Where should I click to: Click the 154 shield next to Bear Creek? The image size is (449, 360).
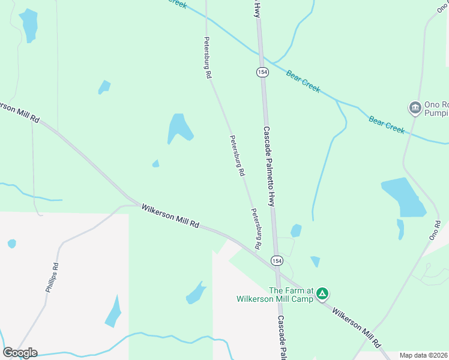click(x=262, y=72)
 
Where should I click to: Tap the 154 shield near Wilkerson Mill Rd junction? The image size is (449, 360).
click(x=276, y=260)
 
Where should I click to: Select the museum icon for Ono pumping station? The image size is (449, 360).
click(x=415, y=108)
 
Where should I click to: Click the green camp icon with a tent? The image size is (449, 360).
click(x=322, y=293)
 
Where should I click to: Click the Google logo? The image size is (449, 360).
click(x=20, y=353)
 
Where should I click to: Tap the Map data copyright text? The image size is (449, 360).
click(x=423, y=355)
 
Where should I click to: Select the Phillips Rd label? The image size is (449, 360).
click(x=52, y=277)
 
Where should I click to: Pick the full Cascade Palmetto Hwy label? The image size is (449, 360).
click(x=268, y=167)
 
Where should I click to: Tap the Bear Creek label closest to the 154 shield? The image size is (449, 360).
click(x=303, y=82)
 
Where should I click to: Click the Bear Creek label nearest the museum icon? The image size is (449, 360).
click(x=387, y=124)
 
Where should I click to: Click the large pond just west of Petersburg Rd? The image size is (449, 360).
click(x=179, y=127)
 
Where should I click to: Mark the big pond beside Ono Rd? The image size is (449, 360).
click(x=403, y=197)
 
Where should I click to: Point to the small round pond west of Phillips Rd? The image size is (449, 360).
click(x=12, y=244)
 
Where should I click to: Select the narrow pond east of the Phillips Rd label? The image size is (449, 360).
click(x=113, y=311)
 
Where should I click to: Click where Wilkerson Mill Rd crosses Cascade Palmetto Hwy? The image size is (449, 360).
click(x=277, y=271)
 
